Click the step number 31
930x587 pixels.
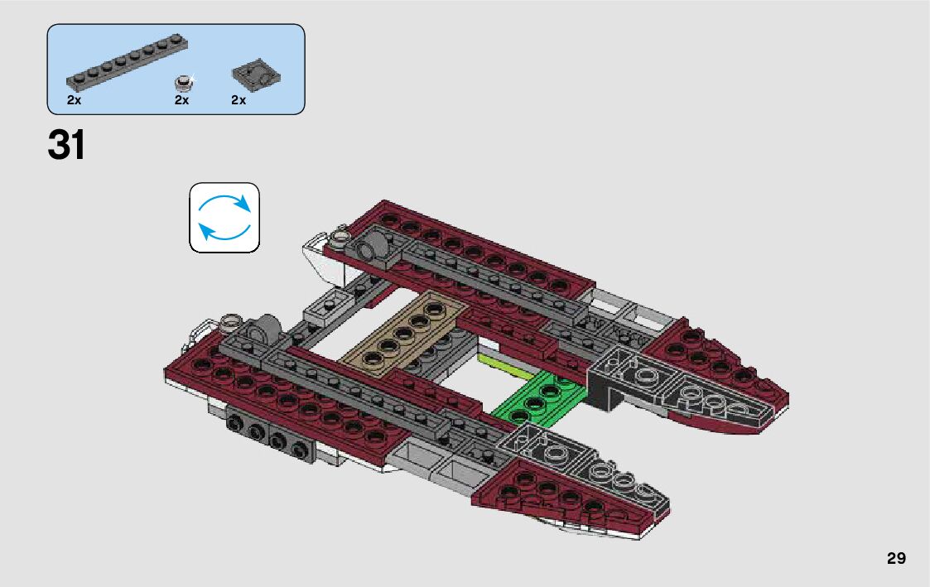pos(66,146)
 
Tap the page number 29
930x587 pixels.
pos(896,558)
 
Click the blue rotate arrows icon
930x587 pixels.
pos(224,218)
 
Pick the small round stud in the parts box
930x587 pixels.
pos(183,81)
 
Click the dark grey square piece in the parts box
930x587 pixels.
pos(257,76)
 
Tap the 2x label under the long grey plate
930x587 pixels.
pos(74,100)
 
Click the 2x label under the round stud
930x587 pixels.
pos(182,100)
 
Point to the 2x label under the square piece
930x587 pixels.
pos(239,100)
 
